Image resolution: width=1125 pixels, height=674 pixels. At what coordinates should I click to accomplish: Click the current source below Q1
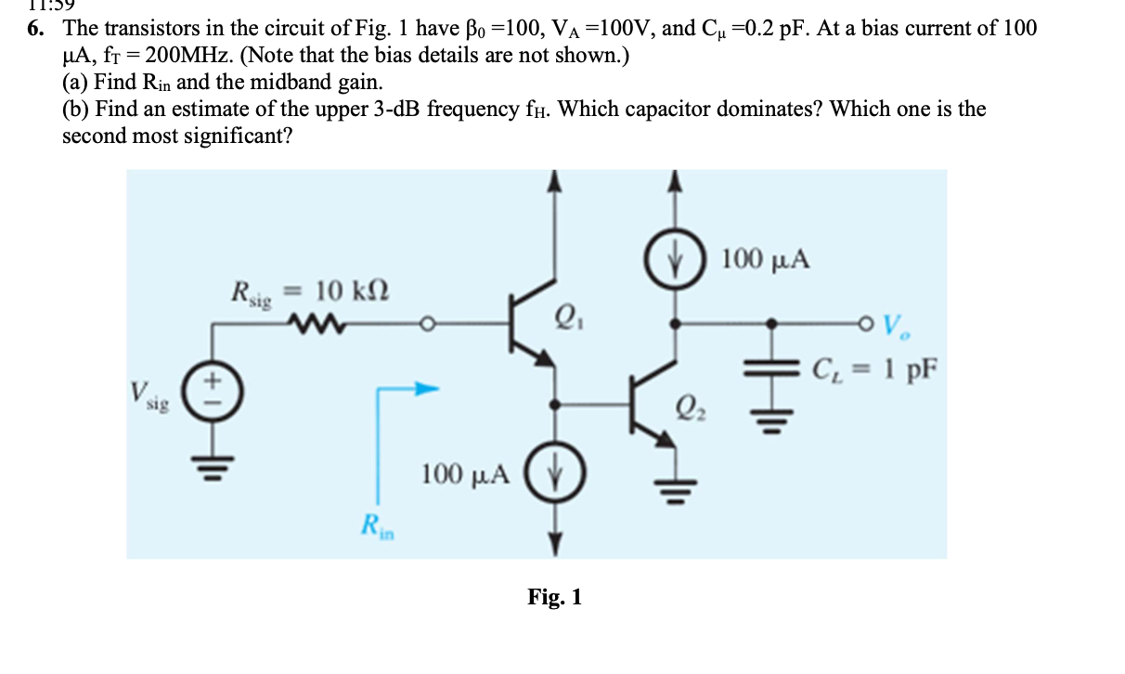(x=555, y=473)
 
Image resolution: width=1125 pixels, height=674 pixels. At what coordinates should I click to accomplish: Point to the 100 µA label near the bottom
(x=466, y=474)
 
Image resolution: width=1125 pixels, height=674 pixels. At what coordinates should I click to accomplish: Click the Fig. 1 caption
(x=554, y=597)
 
